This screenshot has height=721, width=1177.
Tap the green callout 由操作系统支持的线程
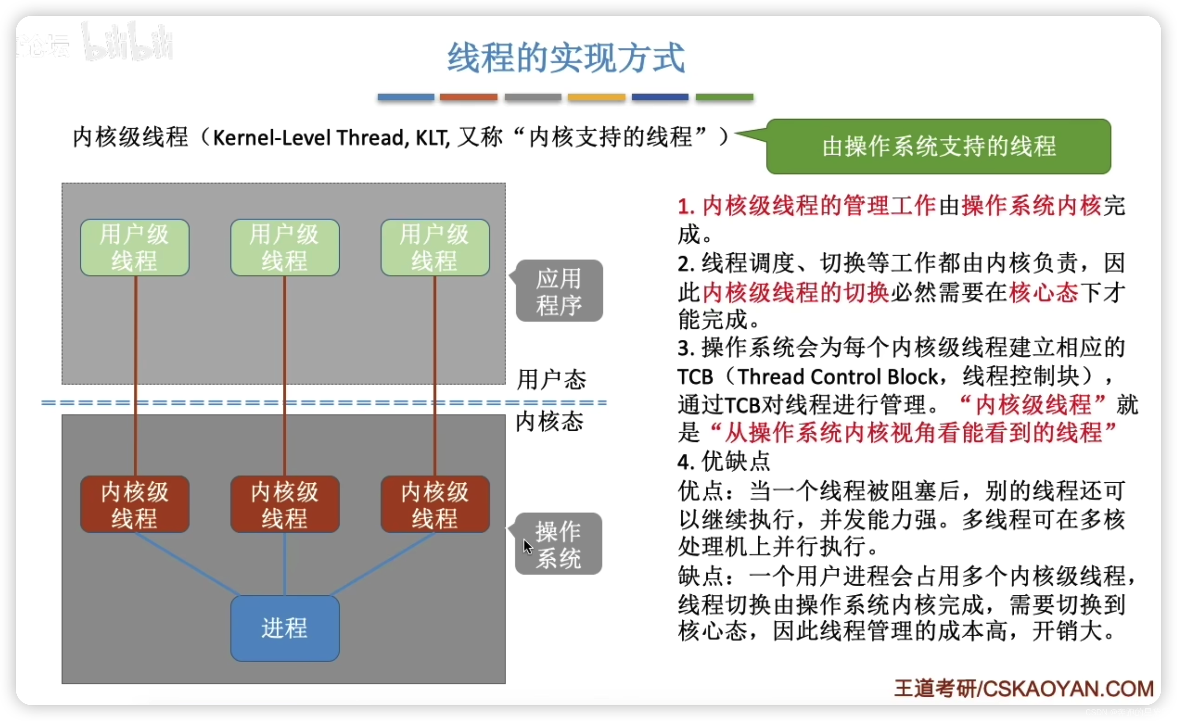tap(938, 146)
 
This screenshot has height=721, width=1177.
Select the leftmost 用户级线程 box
tap(135, 248)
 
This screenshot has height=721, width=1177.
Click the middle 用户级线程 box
tap(285, 248)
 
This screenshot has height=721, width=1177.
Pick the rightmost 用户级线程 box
tap(435, 248)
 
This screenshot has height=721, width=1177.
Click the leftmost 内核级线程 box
tap(135, 504)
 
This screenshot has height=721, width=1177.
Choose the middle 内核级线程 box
tap(285, 504)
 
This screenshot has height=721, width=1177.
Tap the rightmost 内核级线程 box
tap(435, 504)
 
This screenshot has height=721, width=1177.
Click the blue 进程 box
tap(285, 628)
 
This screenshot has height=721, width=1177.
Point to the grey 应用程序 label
tap(559, 291)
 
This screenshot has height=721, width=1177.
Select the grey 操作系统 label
tap(558, 544)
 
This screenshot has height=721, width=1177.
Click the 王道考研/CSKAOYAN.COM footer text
tap(1023, 688)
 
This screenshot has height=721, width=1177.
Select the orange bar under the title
tap(468, 97)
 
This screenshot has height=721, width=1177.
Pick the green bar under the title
tap(724, 97)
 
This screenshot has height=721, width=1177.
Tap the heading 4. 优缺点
tap(723, 462)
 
